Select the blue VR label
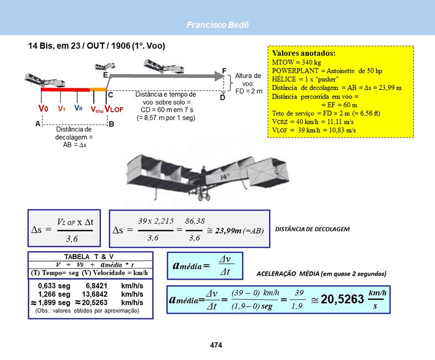pos(78,108)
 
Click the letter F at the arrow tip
pos(224,70)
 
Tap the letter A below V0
pos(37,124)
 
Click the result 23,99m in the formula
pos(229,231)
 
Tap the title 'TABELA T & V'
pos(89,256)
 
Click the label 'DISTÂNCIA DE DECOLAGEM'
pos(312,228)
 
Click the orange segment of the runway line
pos(98,90)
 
